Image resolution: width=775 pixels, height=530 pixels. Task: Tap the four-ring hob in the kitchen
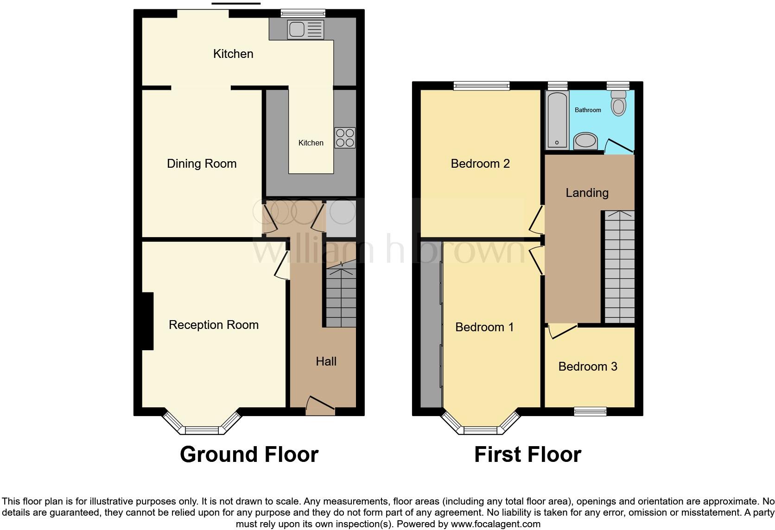point(345,138)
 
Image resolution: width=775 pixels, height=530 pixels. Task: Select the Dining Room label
point(202,164)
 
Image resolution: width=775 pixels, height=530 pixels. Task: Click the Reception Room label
point(214,325)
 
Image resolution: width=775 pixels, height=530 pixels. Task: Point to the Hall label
point(326,361)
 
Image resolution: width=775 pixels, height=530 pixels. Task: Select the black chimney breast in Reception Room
point(147,321)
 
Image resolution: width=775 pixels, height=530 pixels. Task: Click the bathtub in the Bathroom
point(557,120)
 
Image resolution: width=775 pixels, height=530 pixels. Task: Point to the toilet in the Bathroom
point(618,103)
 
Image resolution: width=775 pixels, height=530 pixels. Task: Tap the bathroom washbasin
point(586,141)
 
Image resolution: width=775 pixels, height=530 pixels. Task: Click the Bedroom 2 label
point(480,164)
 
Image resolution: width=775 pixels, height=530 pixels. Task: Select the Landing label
point(587,193)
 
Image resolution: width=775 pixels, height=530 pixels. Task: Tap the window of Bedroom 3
point(590,411)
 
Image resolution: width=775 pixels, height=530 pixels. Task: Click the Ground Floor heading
point(249,454)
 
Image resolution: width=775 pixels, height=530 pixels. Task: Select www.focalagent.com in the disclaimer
point(495,524)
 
